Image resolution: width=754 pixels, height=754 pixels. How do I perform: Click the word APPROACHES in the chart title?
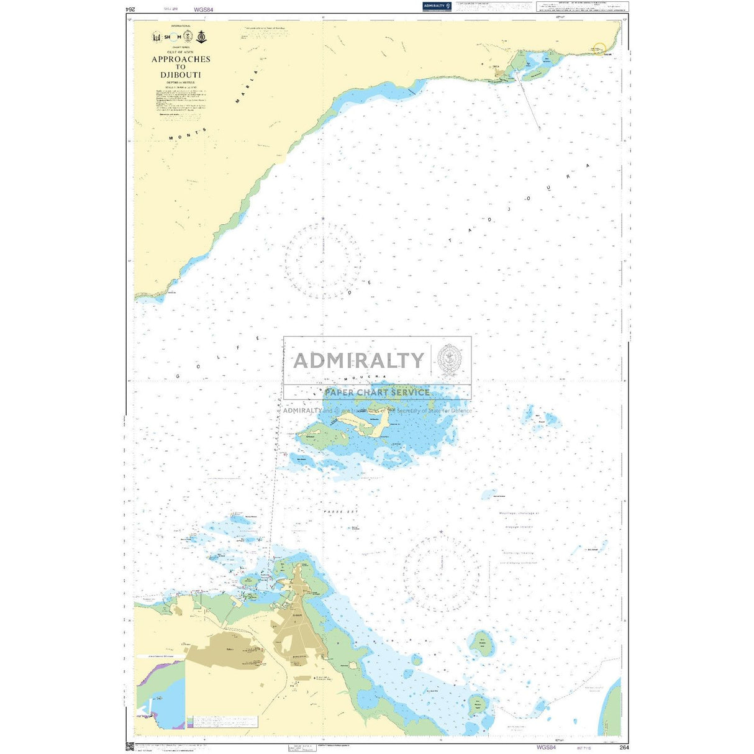(181, 60)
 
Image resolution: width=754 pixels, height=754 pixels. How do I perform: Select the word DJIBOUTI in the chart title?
(180, 75)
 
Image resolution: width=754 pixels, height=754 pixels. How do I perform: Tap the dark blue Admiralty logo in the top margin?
(437, 6)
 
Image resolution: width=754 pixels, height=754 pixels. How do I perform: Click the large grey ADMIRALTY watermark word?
(358, 361)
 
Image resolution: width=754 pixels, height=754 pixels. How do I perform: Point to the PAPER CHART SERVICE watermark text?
(376, 393)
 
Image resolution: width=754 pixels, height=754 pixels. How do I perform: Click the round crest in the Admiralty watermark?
(449, 358)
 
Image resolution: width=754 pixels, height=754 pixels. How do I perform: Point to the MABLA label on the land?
(245, 87)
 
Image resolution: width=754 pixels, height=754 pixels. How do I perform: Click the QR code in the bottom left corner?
(130, 746)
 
